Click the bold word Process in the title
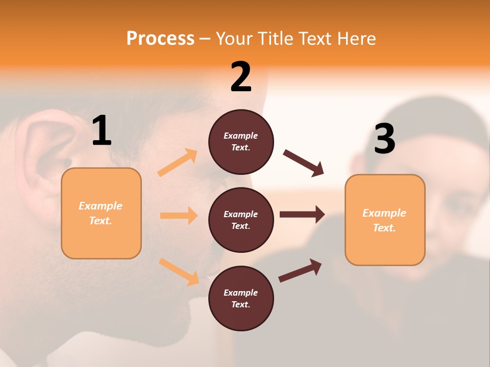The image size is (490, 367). tap(160, 39)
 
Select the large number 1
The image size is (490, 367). tap(102, 131)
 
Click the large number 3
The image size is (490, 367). tap(384, 139)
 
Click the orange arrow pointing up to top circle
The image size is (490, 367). tap(178, 163)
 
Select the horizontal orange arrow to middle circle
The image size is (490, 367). tap(179, 216)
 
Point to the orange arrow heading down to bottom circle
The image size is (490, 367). tap(179, 271)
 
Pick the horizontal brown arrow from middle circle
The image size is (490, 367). tap(302, 214)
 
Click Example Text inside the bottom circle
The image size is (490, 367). tap(240, 299)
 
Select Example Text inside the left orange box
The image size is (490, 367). tap(101, 213)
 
